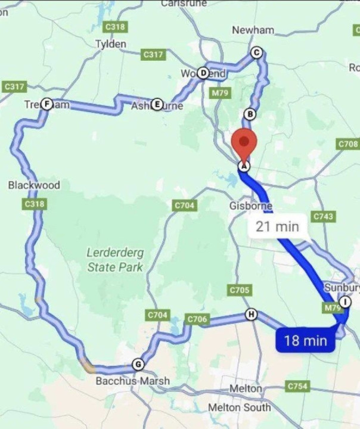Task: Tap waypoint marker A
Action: (243, 166)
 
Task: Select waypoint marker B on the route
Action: (250, 114)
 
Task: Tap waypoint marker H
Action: (252, 314)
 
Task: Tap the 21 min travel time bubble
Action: (277, 226)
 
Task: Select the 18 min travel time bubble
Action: (305, 340)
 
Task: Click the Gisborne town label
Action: (251, 206)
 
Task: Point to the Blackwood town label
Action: (34, 185)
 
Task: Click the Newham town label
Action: (253, 30)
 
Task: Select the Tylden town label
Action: (111, 44)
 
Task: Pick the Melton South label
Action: (239, 408)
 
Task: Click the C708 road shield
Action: (348, 144)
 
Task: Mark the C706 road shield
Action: (197, 319)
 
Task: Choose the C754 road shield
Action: (297, 386)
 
